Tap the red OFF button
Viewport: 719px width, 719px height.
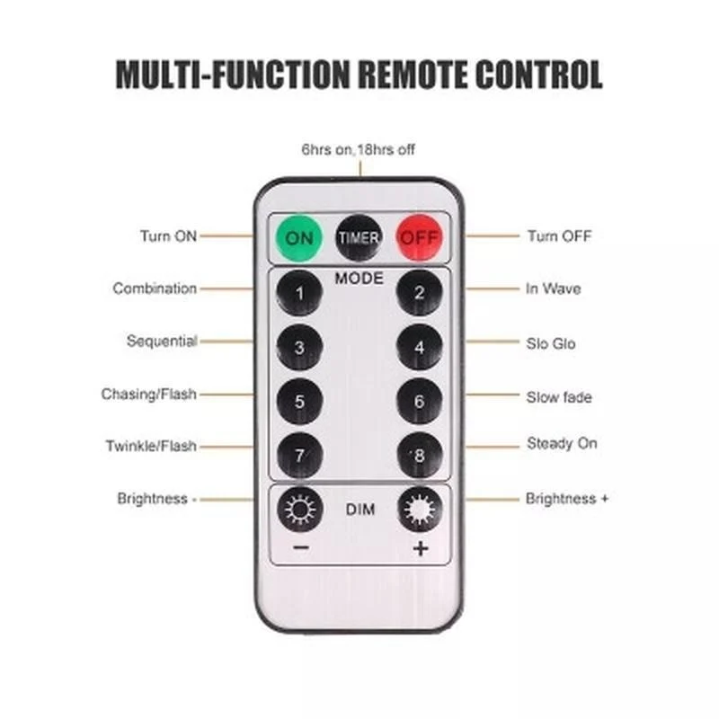(419, 237)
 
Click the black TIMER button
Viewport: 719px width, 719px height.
(359, 237)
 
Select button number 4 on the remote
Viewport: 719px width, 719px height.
(419, 347)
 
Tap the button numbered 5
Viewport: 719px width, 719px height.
(299, 401)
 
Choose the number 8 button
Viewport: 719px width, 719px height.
(419, 456)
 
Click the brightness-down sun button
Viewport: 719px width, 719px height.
(300, 510)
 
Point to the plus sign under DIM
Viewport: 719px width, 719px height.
(421, 548)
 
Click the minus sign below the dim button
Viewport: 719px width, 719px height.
(301, 547)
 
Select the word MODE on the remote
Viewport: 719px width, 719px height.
(359, 279)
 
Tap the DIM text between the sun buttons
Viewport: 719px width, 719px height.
(360, 510)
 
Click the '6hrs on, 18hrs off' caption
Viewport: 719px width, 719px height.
(358, 149)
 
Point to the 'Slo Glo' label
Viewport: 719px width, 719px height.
(551, 343)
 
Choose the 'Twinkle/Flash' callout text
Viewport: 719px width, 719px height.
(151, 446)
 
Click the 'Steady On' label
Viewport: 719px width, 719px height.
(562, 443)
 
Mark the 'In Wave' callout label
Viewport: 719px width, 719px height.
(553, 288)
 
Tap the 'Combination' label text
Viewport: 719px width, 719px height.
(155, 288)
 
